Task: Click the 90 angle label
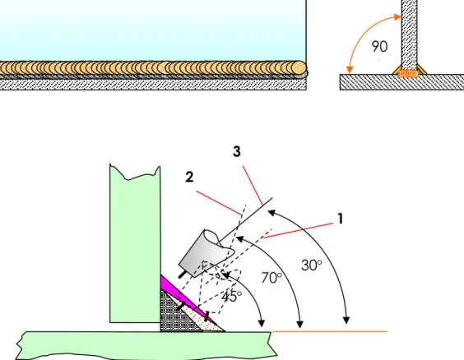379,47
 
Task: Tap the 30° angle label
311,265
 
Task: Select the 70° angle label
271,278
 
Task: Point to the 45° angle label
231,297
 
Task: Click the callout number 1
341,219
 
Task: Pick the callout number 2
189,177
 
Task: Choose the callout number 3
236,151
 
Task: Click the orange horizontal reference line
330,331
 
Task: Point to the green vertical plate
135,245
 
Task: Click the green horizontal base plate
146,345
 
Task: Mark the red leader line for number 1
299,230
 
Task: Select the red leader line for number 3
253,185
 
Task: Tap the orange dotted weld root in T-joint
408,74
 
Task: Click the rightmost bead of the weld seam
299,68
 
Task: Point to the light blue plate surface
152,30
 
